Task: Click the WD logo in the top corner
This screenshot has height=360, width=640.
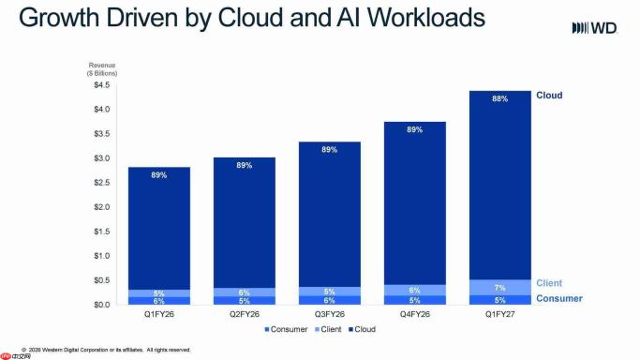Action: coord(594,28)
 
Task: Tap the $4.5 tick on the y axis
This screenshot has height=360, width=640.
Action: coord(101,85)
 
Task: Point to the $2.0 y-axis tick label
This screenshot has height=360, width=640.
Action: coord(101,207)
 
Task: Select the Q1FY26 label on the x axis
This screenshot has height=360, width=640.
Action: coord(158,314)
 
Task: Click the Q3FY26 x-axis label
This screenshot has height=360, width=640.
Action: coord(330,314)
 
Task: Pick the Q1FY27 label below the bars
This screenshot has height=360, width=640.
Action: coord(500,314)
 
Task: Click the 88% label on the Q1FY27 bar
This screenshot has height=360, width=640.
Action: coord(500,98)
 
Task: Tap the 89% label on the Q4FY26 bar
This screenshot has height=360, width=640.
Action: coord(415,129)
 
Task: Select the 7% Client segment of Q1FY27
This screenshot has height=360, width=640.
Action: coord(500,288)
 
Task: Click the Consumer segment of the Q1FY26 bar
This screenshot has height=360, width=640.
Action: coord(158,301)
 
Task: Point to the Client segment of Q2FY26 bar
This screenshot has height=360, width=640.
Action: coord(244,292)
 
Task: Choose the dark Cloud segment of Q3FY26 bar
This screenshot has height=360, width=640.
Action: coord(330,215)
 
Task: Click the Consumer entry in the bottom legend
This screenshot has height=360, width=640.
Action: coord(286,329)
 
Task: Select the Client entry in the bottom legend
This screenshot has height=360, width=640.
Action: coord(328,329)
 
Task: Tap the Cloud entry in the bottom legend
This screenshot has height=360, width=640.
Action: coord(362,329)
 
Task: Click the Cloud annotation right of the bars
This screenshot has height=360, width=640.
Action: coord(549,95)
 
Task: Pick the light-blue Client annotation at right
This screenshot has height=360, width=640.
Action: coord(549,283)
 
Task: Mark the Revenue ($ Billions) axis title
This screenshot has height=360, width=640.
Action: coord(102,69)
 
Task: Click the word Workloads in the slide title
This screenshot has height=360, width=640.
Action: coord(426,18)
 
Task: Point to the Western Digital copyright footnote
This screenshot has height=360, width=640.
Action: coord(106,350)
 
